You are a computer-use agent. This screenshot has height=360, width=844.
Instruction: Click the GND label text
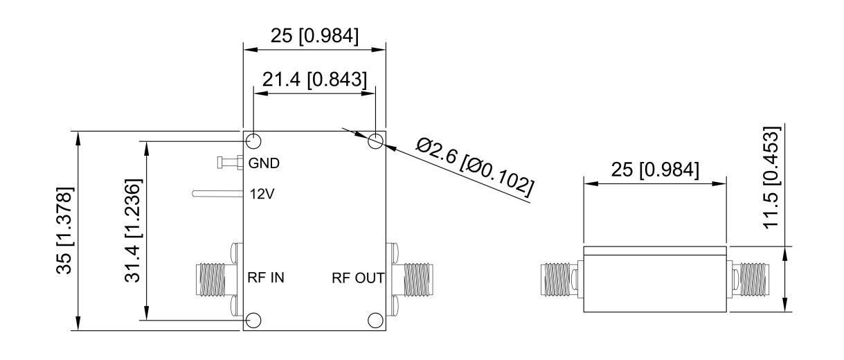click(x=264, y=164)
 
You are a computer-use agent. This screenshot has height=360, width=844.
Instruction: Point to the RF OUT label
click(x=357, y=278)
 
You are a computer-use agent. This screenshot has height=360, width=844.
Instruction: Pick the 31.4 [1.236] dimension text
click(x=134, y=231)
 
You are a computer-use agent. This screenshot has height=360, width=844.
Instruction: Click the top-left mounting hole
click(x=253, y=141)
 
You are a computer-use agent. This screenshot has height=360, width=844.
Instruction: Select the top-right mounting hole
click(x=376, y=141)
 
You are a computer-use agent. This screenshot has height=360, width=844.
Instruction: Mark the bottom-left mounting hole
click(x=253, y=320)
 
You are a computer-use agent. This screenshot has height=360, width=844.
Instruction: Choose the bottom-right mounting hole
click(x=376, y=320)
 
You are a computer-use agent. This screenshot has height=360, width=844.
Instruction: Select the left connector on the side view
click(x=559, y=280)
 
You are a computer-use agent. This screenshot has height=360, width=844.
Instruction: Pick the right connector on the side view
click(x=752, y=280)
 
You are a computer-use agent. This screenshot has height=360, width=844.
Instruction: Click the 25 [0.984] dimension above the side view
click(x=655, y=170)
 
